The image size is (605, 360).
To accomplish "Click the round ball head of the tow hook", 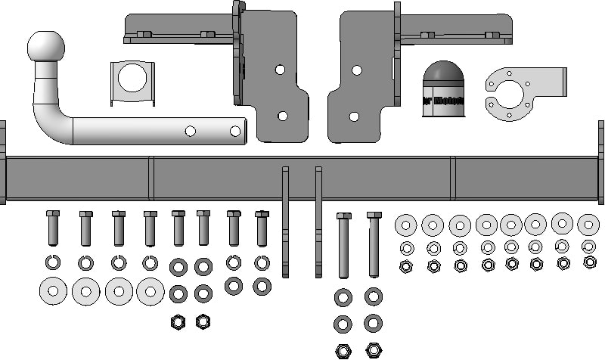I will (x=46, y=46).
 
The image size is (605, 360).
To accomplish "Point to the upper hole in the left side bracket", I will (x=280, y=70).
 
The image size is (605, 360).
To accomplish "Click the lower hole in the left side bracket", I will (x=282, y=116).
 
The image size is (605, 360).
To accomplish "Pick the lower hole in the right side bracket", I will (x=354, y=116).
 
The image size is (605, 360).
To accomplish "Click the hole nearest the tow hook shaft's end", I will (x=237, y=132).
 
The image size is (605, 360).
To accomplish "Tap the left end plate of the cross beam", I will (x=2, y=162).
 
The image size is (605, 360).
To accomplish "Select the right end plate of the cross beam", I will (x=601, y=162).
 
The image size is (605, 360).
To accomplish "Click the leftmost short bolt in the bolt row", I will (x=53, y=228).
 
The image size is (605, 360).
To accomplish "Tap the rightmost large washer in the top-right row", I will (x=588, y=225).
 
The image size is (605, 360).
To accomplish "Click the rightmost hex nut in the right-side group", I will (x=590, y=262).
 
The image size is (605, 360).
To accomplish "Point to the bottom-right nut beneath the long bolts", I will (x=373, y=350).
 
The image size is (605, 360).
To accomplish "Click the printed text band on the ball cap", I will (x=442, y=101).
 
